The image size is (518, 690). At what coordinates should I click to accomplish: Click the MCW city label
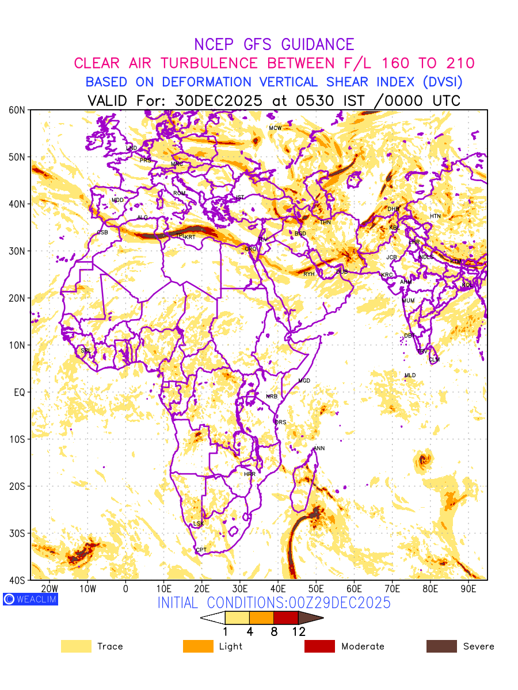(275, 128)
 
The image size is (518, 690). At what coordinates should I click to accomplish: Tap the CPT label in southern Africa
(201, 550)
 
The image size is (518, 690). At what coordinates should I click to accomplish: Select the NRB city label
(272, 397)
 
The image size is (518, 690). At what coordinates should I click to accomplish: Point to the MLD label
(410, 375)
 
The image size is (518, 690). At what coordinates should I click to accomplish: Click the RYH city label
(309, 274)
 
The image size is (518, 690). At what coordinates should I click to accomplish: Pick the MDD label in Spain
(117, 200)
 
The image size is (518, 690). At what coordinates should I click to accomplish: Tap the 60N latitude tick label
(18, 110)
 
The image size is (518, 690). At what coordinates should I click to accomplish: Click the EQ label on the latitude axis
(19, 392)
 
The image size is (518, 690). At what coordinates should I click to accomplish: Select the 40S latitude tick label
(18, 580)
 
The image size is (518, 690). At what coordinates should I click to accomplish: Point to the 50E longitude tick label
(316, 589)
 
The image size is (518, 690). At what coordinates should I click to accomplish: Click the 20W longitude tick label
(50, 589)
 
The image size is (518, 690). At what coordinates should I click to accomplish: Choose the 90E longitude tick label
(469, 589)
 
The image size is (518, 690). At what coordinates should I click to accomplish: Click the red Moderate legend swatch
(319, 646)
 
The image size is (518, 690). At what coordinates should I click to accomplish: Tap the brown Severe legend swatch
(441, 646)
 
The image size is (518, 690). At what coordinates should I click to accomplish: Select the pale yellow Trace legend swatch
(76, 646)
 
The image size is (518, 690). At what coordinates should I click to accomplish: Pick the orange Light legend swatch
(198, 646)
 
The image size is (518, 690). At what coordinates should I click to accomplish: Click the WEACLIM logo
(30, 599)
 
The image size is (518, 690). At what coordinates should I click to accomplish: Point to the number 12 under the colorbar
(298, 632)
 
